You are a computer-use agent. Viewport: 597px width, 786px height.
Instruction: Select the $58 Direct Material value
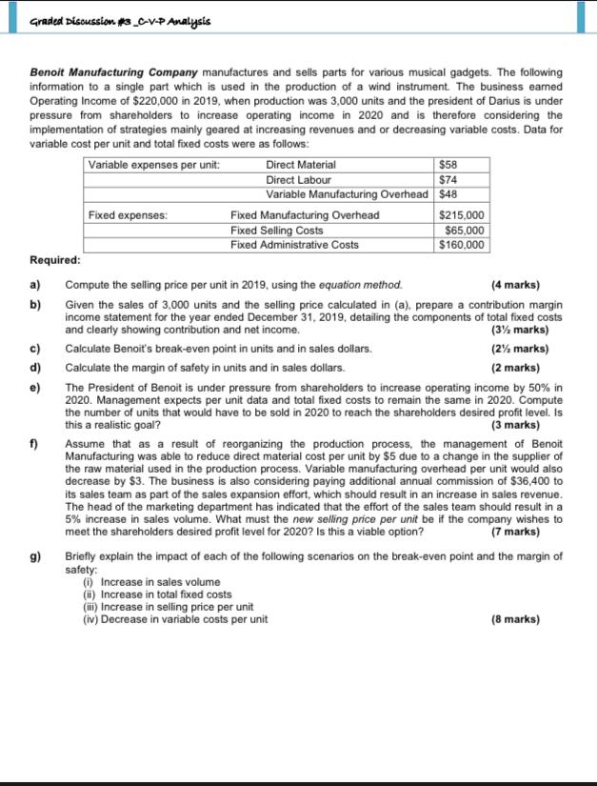click(448, 165)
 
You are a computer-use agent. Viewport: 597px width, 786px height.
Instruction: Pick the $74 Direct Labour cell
click(448, 179)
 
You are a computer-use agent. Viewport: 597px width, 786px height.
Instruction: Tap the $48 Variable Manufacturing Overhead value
click(448, 193)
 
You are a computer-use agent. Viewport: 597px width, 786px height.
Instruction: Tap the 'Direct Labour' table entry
click(299, 179)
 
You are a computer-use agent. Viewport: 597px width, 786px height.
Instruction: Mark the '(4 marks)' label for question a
click(515, 284)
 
